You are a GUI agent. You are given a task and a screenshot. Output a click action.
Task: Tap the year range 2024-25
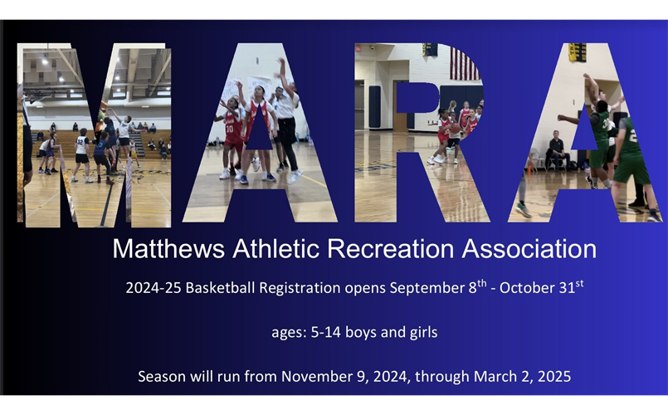(154, 289)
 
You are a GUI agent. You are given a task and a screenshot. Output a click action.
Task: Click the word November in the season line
(317, 376)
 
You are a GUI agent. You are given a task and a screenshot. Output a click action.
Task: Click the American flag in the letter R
(463, 63)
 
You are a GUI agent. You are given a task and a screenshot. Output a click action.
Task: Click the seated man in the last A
(556, 149)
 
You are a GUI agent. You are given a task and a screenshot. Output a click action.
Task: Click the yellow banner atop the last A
(577, 52)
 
